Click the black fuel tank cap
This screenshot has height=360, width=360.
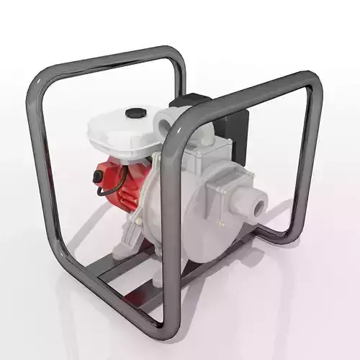[x=135, y=113]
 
